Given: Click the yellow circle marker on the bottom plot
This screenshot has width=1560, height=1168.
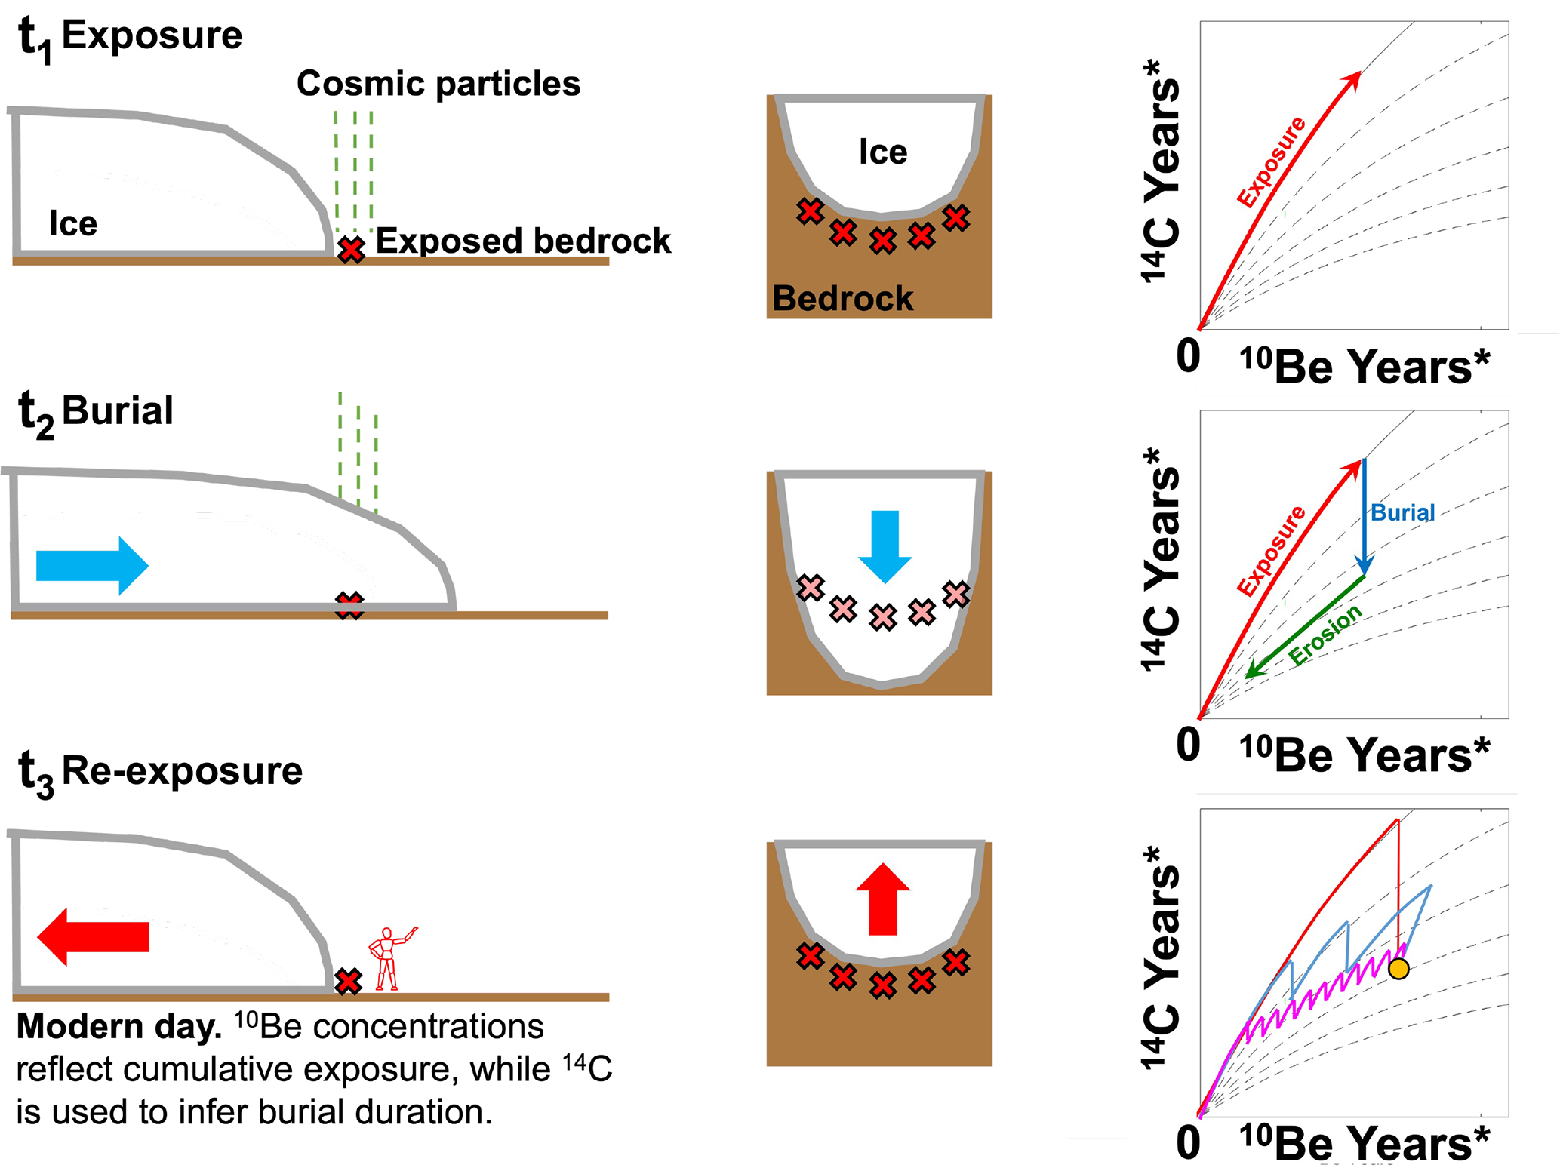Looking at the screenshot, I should click(1398, 969).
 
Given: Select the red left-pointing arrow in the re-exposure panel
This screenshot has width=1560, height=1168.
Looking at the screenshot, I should click(93, 936).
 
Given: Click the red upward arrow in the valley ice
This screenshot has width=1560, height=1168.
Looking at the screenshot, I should click(883, 899).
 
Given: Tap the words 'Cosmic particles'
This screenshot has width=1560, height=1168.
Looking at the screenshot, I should click(438, 84).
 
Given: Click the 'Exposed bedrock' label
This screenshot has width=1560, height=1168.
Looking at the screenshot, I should click(523, 241).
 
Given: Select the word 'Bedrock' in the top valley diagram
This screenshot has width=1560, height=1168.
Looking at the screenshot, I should click(842, 299).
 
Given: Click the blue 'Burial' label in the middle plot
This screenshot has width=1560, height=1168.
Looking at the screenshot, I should click(1402, 513).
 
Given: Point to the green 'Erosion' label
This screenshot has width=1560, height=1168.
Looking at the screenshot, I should click(1325, 635).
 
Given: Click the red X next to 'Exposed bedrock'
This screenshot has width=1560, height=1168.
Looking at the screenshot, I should click(351, 250).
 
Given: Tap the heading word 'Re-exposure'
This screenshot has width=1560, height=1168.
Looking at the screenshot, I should click(182, 771).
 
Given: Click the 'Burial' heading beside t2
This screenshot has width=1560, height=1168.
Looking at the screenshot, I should click(117, 411).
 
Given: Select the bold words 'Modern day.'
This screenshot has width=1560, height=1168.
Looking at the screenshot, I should click(118, 1027).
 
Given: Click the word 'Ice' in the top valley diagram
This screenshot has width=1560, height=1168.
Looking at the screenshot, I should click(883, 152).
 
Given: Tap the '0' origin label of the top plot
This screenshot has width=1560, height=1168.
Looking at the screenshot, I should click(1188, 355).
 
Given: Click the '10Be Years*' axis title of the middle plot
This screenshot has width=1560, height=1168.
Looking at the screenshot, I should click(1364, 755).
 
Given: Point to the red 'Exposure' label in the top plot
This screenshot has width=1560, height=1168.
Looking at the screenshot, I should click(1271, 161).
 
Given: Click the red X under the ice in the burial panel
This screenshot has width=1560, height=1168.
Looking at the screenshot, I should click(349, 606).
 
